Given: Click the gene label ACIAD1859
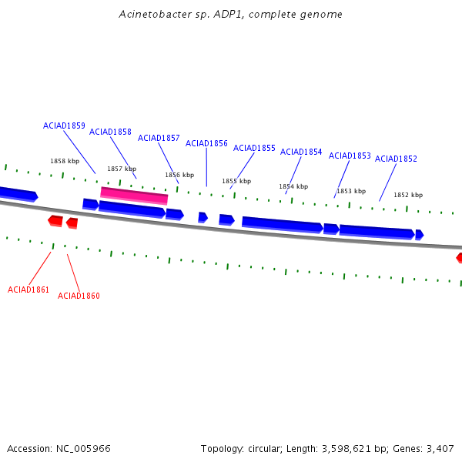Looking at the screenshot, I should click(x=64, y=126).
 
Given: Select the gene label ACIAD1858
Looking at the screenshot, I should click(x=110, y=132).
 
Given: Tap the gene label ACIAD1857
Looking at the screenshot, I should click(x=159, y=138).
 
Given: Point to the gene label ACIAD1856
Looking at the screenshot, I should click(x=206, y=143).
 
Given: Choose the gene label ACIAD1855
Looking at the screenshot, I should click(x=254, y=148).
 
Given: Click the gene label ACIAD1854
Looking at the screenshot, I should click(x=301, y=152).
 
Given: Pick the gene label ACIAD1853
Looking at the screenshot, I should click(x=350, y=156).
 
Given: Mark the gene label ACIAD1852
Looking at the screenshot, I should click(x=396, y=159).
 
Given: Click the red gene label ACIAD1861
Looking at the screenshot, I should click(x=28, y=290).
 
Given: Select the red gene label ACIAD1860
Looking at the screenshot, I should click(x=79, y=296).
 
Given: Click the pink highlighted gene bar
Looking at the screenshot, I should click(x=134, y=196).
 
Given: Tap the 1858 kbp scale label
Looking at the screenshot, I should click(x=65, y=161).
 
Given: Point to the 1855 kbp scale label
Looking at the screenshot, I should click(x=236, y=181).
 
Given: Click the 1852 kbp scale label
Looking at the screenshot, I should click(x=408, y=195).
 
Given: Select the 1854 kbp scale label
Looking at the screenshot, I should click(x=293, y=186).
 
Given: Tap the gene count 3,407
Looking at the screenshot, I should click(x=439, y=448).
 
